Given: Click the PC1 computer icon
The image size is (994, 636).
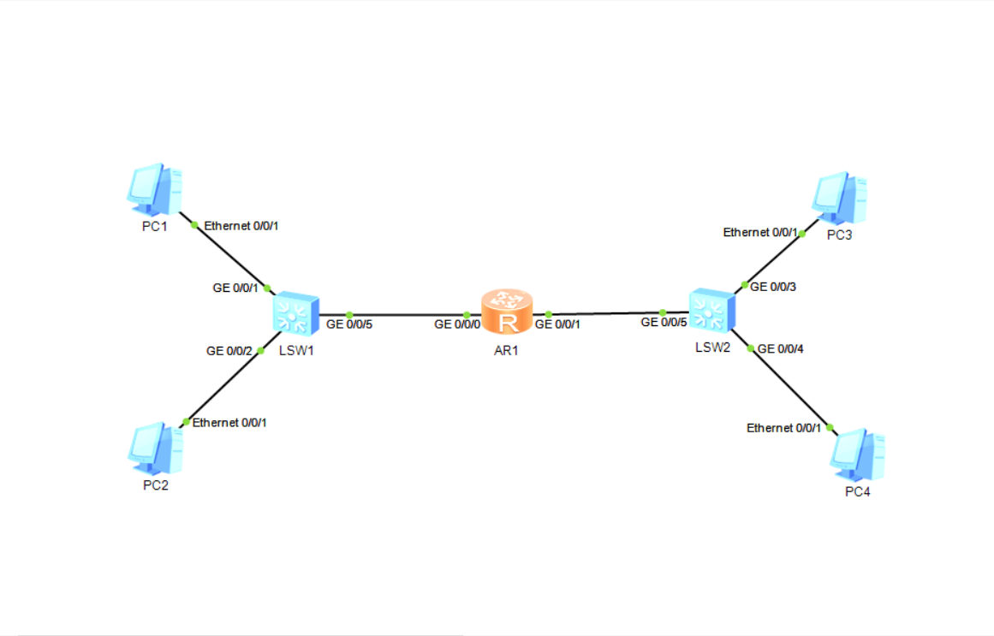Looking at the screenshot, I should (x=155, y=189).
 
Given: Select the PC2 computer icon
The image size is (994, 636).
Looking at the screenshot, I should (x=155, y=449).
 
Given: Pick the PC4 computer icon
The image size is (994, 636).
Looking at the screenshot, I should (x=857, y=455).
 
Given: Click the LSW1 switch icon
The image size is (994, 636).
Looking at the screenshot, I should (x=296, y=314).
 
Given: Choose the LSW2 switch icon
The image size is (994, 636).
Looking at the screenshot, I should (x=711, y=312).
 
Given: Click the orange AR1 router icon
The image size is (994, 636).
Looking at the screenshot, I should (x=507, y=313).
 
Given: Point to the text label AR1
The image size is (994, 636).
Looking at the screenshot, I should (x=507, y=349).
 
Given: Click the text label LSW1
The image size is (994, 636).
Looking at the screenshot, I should (x=296, y=349).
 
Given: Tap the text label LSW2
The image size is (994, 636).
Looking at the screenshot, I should (x=711, y=347).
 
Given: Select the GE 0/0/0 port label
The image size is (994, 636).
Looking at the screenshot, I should (x=458, y=324).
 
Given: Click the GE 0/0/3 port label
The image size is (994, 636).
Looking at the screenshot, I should (x=773, y=287).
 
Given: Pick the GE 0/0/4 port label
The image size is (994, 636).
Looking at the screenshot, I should (x=781, y=348).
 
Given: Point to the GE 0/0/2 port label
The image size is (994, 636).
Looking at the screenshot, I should (x=229, y=350).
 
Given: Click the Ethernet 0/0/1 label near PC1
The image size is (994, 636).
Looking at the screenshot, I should (x=241, y=226).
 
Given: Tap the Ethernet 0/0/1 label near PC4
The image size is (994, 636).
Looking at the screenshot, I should (x=783, y=428).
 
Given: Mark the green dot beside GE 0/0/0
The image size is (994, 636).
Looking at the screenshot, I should (x=467, y=315).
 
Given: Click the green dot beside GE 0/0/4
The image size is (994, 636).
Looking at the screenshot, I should (x=751, y=348).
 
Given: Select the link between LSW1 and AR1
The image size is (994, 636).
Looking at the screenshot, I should (x=407, y=315).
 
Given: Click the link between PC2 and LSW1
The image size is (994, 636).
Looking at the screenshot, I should (x=223, y=386).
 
